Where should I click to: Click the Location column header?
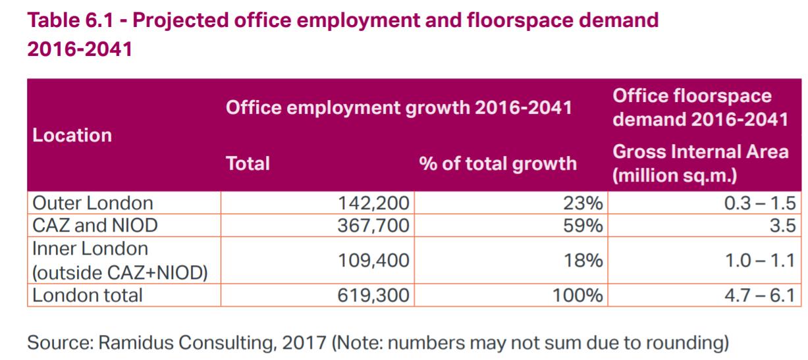(72, 136)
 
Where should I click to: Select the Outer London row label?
(93, 203)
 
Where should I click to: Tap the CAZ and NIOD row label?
(95, 226)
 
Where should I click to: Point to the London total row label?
(88, 296)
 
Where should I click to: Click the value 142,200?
(373, 203)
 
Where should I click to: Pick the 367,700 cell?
(373, 226)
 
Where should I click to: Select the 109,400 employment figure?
(373, 261)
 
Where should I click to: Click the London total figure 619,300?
(373, 296)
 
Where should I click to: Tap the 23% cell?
(583, 203)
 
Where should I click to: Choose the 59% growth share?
(583, 226)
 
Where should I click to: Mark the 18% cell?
(583, 261)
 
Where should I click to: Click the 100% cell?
(578, 296)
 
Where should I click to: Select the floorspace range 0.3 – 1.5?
(760, 203)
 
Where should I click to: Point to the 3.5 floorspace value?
(783, 226)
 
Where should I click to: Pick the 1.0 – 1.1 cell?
(761, 261)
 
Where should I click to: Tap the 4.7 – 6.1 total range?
(760, 296)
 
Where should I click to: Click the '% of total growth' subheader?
(498, 164)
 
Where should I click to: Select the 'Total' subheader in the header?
(248, 164)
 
